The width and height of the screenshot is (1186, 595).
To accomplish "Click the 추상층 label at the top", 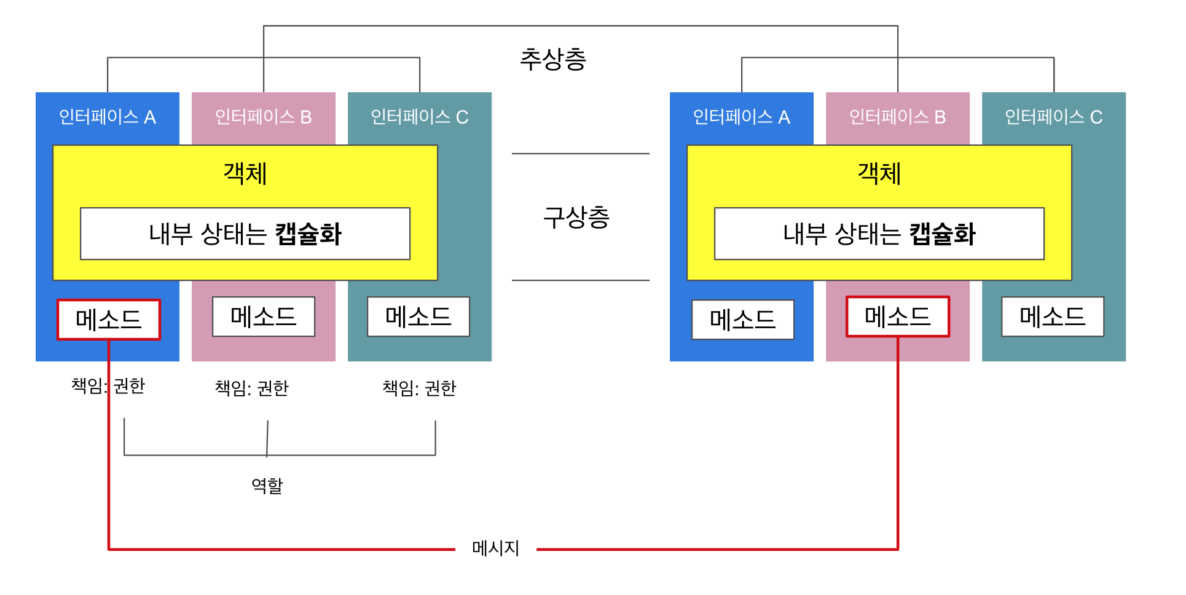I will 553,60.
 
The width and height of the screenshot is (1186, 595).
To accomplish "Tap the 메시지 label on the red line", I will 495,548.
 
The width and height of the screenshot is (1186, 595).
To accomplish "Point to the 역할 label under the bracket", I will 267,486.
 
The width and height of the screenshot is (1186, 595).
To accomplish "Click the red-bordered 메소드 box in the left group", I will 109,320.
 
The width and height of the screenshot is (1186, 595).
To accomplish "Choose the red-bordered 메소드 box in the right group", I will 897,317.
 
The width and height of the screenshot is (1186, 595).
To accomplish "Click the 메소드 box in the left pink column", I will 264,317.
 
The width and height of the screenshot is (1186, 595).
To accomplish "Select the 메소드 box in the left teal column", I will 418,317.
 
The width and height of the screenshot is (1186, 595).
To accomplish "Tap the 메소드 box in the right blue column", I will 742,320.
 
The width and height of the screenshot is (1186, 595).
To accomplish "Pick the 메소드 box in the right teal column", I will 1053,317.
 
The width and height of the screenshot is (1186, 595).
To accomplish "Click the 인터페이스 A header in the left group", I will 108,117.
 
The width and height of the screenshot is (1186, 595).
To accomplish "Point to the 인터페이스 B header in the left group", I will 264,117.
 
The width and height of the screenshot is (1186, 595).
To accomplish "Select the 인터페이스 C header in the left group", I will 420,117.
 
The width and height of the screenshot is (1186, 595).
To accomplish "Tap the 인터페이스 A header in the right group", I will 742,117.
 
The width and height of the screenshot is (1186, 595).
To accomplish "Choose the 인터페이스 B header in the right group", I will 897,117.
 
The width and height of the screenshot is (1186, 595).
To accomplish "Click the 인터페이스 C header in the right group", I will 1054,117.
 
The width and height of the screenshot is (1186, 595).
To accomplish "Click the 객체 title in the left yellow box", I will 245,173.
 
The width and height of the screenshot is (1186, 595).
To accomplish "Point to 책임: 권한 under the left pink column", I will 251,388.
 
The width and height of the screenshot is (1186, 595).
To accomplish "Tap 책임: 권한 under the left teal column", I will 419,388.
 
